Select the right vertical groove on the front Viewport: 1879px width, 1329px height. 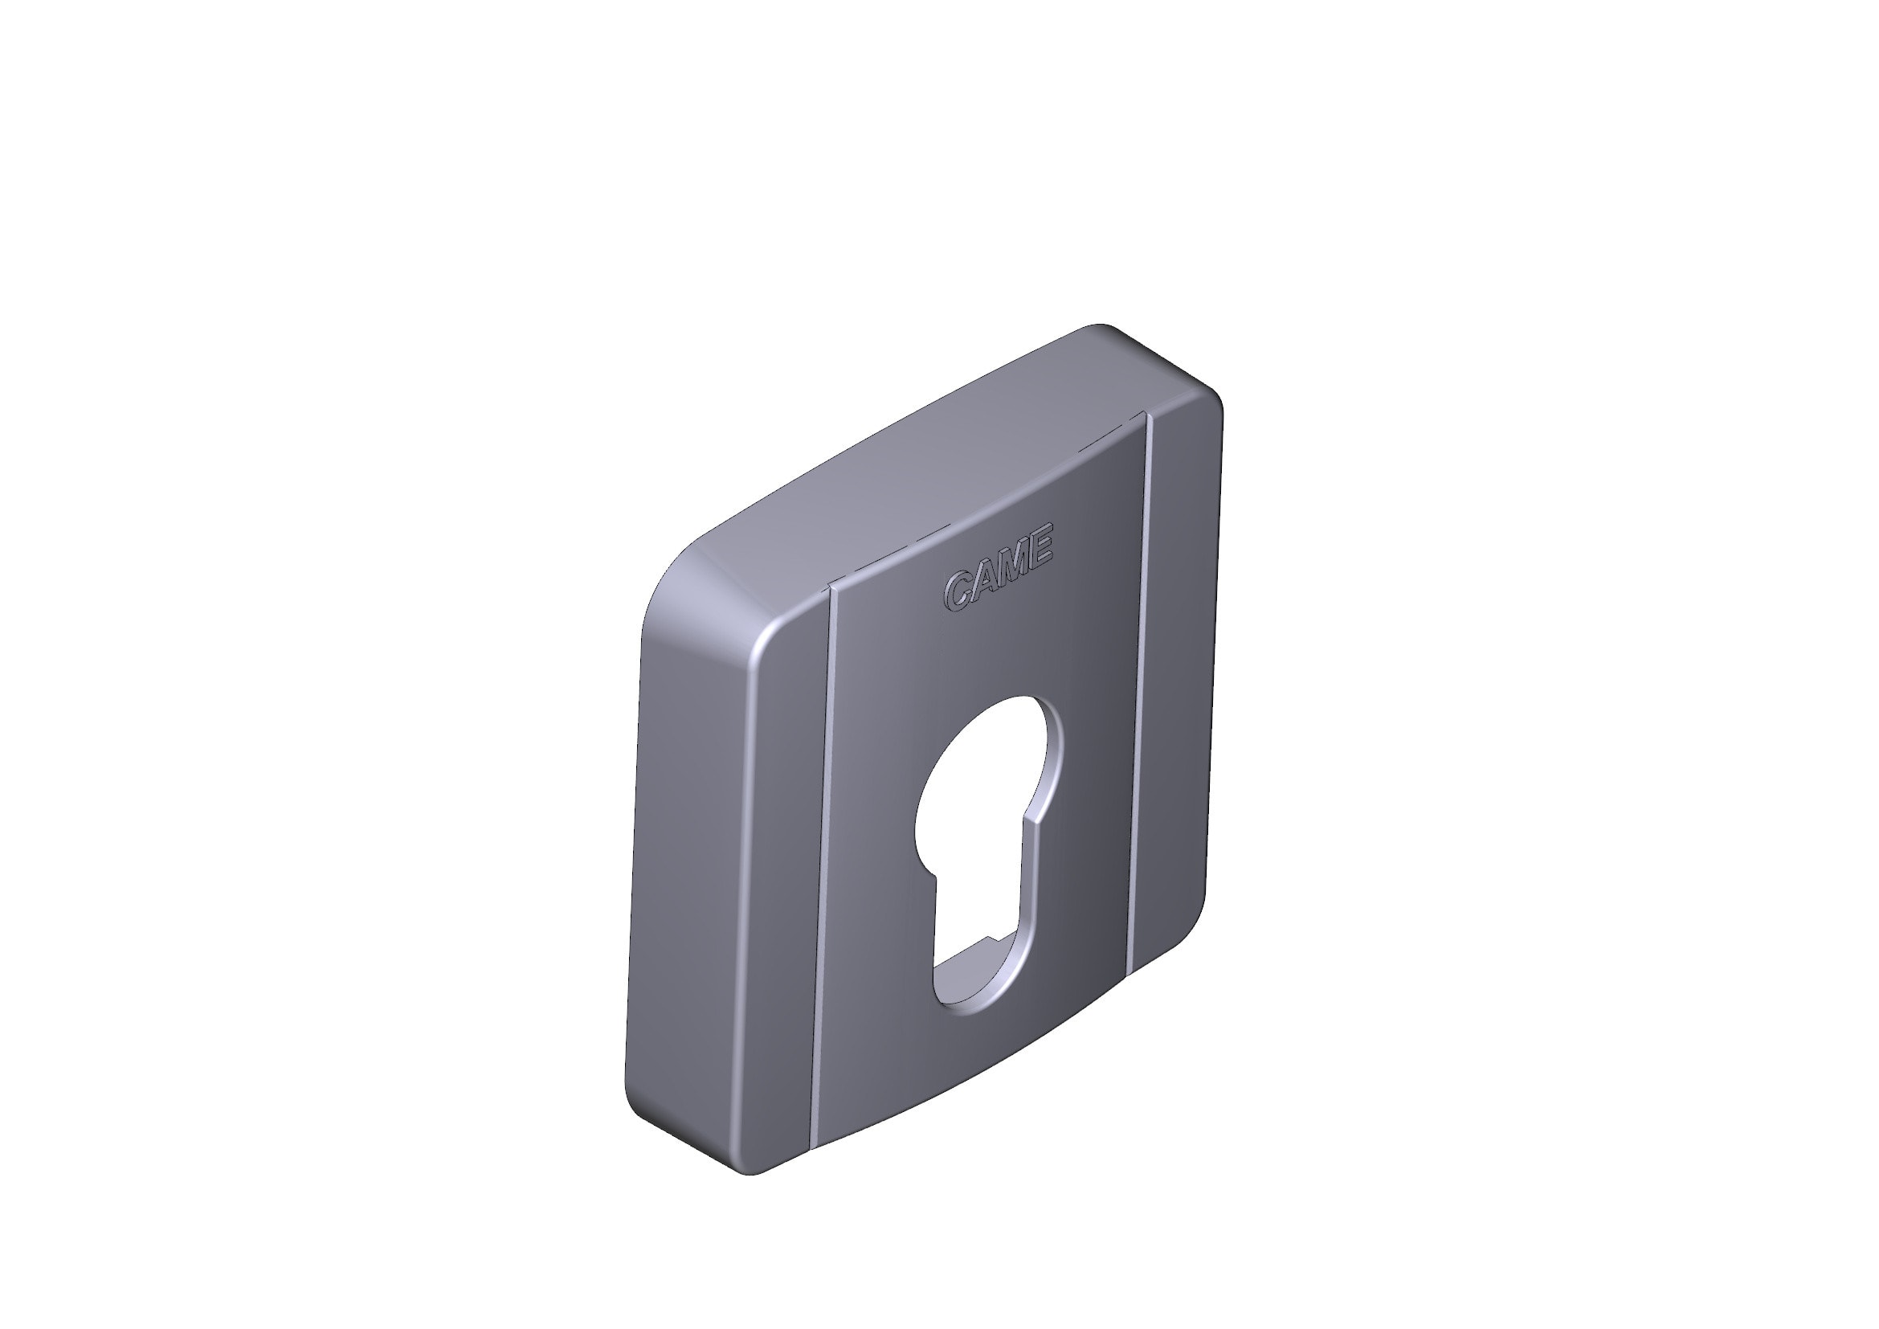point(1139,696)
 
